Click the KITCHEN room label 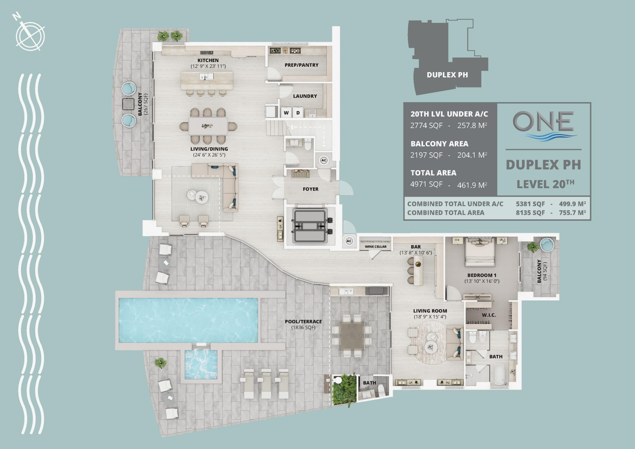208,60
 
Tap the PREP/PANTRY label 301,65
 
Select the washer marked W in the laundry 286,113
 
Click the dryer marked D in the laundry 298,113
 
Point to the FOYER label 311,189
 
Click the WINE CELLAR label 376,247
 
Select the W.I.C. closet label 489,315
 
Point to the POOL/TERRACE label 303,321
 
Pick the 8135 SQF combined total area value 530,213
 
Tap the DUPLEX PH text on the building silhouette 447,75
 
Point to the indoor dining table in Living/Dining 208,126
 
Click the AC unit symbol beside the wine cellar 349,241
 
